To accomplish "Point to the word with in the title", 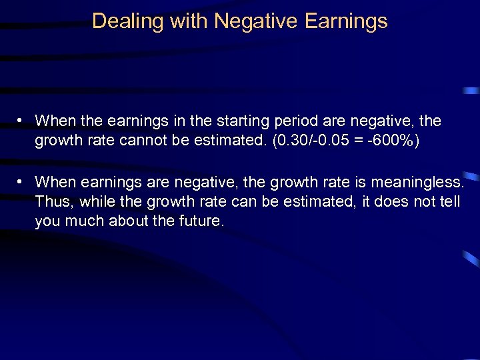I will point(189,21).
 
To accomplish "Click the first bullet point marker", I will point(22,121).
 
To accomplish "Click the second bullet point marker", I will point(22,181).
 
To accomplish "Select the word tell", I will point(449,202).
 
